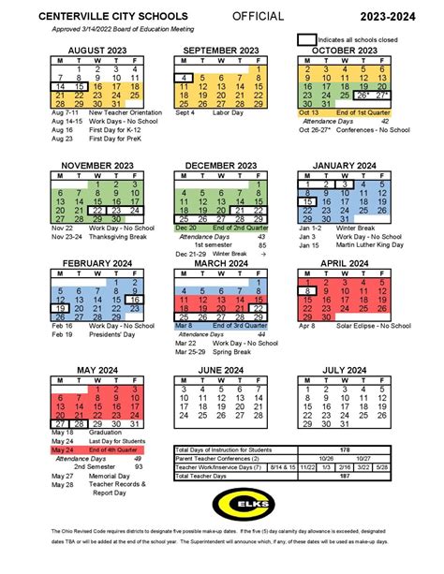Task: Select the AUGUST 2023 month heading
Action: [92, 49]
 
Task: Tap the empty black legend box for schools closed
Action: [306, 40]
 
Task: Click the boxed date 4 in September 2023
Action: [187, 78]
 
